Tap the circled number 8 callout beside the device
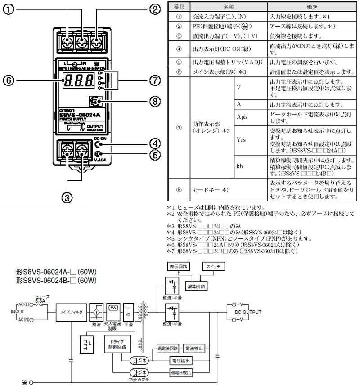155,102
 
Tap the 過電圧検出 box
181,373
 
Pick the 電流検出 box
194,349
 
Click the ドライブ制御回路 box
117,344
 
